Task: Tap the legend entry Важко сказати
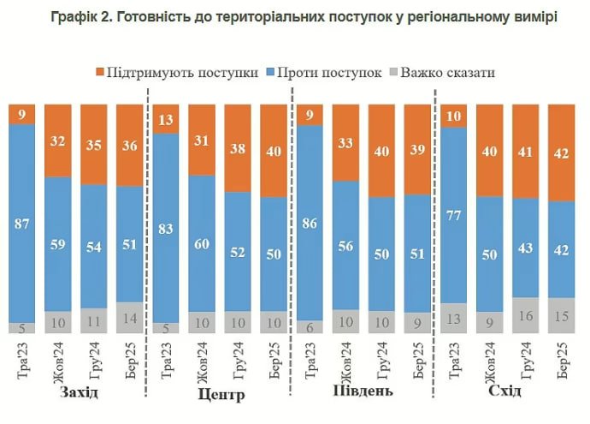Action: (x=454, y=72)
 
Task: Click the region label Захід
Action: (x=79, y=392)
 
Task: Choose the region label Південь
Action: (x=363, y=392)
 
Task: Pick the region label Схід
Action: (x=506, y=392)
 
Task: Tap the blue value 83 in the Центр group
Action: (x=165, y=227)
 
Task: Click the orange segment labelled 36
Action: (x=130, y=146)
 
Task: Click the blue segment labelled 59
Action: (x=58, y=243)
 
